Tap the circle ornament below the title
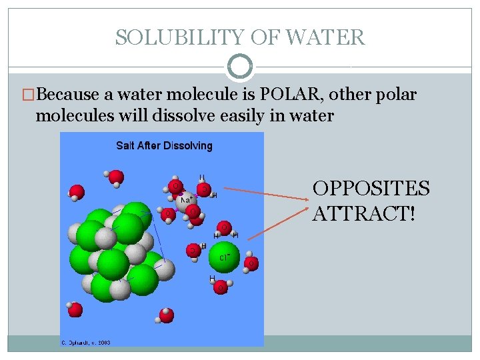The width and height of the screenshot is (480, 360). tap(240, 67)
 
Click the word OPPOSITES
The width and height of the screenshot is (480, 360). tap(371, 189)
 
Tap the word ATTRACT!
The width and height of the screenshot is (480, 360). tap(363, 215)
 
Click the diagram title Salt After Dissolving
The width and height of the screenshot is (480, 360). tap(164, 145)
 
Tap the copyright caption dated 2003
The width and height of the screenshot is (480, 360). tap(86, 343)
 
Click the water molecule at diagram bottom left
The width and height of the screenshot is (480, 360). tap(75, 309)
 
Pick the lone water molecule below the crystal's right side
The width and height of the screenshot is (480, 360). tap(167, 314)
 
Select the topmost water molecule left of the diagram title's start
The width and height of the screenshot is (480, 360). tap(115, 177)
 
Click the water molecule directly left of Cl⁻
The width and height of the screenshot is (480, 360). tap(194, 250)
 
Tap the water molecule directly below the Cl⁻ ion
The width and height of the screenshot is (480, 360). tap(221, 287)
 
